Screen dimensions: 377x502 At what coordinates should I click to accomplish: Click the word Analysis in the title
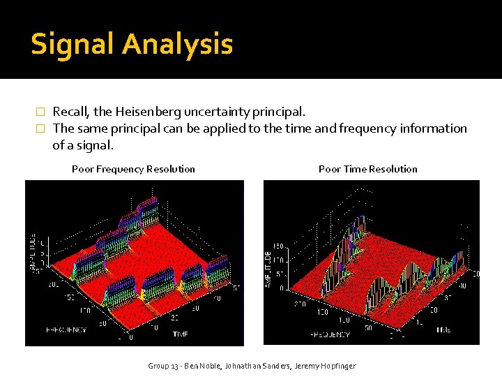[177, 45]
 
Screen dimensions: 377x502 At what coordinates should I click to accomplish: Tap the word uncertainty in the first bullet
[219, 112]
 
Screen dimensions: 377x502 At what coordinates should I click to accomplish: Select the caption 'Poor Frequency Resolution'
[133, 169]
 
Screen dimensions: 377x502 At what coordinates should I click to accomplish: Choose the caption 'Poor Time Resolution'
[367, 169]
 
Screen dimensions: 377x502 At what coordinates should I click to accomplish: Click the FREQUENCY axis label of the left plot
[66, 330]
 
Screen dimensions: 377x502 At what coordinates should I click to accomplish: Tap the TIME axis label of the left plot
[180, 334]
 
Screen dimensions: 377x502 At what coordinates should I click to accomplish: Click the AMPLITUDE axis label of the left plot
[33, 252]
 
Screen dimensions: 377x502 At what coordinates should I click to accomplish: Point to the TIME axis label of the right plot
[443, 330]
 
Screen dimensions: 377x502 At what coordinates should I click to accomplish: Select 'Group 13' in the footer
[163, 366]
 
